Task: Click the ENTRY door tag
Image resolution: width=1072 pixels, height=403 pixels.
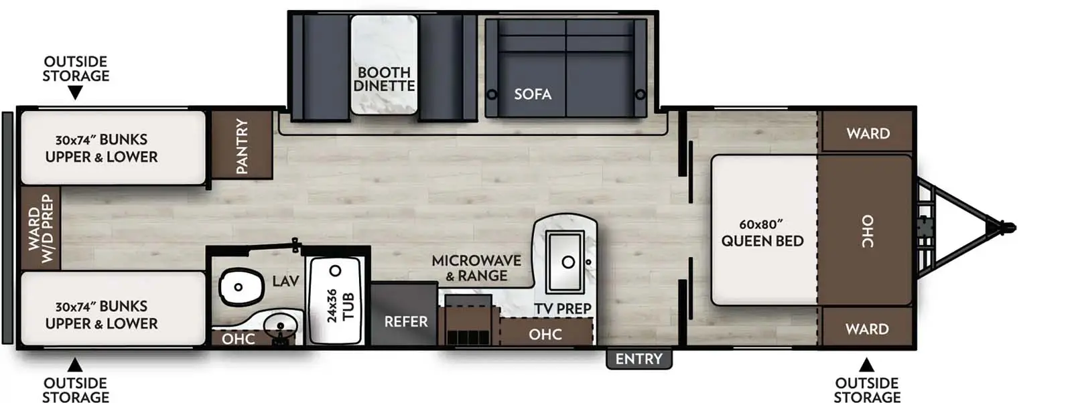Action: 639,359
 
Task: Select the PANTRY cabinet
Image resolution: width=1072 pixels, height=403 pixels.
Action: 242,146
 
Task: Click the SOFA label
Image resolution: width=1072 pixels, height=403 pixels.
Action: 533,94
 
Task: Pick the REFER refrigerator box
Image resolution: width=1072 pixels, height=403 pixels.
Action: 405,315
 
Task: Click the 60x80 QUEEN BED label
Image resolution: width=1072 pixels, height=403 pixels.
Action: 762,232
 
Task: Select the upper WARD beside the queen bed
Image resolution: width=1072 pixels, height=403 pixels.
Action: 868,133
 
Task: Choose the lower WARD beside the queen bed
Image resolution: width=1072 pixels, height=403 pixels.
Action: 867,329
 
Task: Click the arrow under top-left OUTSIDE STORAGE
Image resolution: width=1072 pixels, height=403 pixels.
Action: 76,92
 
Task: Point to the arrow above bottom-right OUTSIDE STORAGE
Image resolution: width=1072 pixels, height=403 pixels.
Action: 866,365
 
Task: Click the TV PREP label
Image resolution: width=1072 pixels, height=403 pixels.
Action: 563,309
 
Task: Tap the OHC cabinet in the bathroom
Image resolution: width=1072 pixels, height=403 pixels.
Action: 239,339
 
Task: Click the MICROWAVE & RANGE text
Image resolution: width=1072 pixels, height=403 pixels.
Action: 476,268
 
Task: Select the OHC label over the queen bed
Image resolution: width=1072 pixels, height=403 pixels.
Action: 867,231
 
